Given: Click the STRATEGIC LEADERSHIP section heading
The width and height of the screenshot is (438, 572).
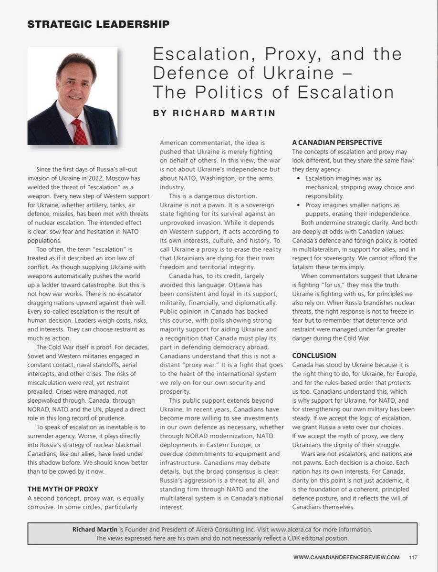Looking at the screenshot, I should [98, 24].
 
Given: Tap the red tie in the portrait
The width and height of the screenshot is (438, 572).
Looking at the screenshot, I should [80, 132].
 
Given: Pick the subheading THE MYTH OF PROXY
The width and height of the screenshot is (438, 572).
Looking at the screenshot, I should [63, 489].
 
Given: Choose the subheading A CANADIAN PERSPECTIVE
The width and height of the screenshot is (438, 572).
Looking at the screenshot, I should [337, 142].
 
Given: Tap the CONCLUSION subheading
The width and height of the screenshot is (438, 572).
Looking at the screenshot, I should [314, 355].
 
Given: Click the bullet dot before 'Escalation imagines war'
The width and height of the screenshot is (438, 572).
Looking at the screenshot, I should [298, 178].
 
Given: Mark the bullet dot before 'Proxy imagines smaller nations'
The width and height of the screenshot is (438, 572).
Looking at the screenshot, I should [298, 205].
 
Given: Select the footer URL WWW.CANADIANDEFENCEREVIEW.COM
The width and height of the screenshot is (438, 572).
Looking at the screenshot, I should [346, 557].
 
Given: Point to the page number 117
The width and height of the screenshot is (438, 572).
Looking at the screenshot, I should [414, 557].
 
